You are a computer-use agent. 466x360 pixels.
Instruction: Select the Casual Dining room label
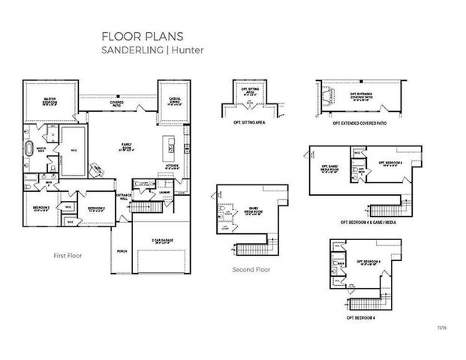point(173,103)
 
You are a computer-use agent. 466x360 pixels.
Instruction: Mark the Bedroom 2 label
point(95,208)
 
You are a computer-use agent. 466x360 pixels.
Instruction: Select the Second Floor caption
point(251,269)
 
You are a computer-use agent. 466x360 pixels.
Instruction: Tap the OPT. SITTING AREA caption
point(250,121)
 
